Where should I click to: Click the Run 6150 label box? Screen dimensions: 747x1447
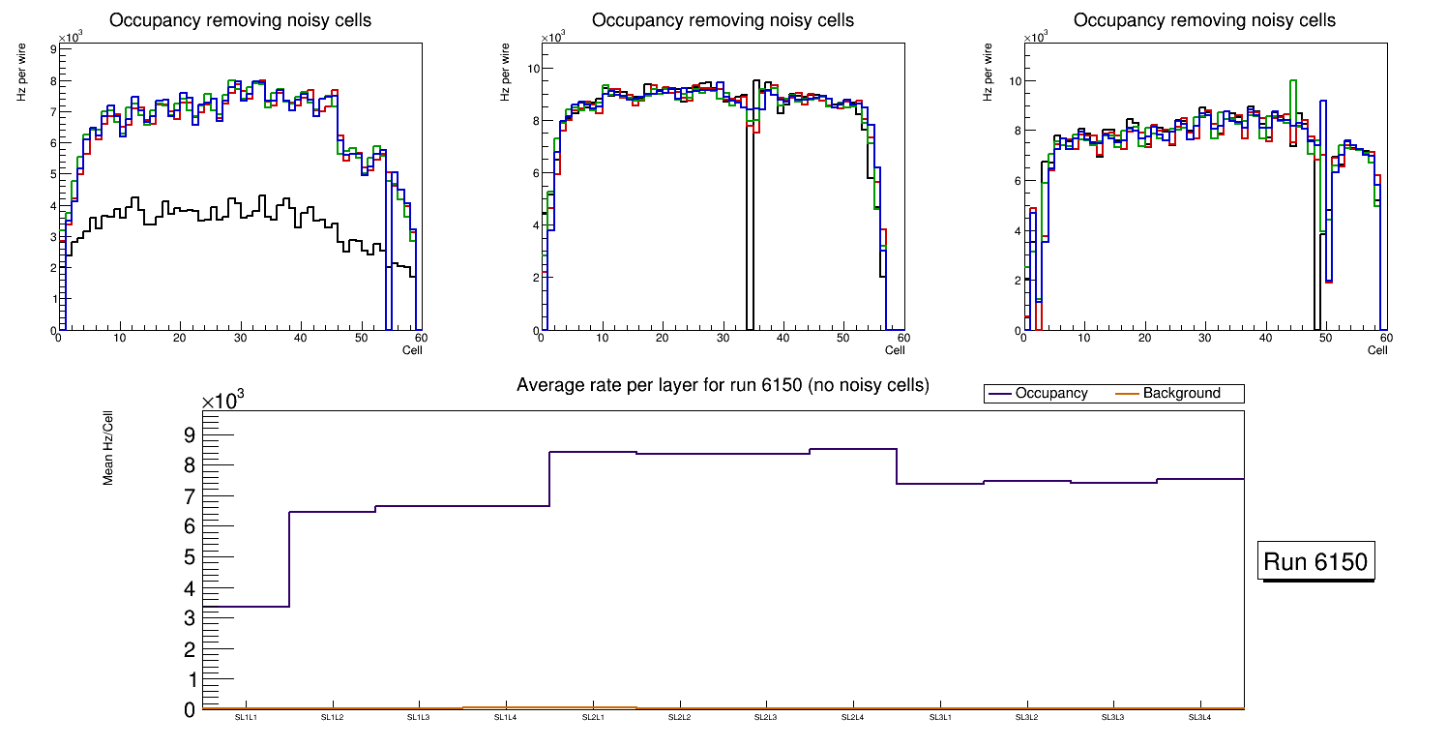coord(1317,562)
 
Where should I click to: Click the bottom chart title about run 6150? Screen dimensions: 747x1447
coord(723,385)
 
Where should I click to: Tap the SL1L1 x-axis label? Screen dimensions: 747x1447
coord(246,717)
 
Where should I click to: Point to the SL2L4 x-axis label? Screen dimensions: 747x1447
coord(852,717)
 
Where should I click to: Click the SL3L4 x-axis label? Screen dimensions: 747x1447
coord(1199,717)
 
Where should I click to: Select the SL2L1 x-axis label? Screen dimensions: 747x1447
coord(593,717)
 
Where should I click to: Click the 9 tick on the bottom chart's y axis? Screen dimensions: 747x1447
coord(190,434)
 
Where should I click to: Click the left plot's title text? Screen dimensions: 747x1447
coord(240,20)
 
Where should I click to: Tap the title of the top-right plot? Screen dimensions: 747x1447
coord(1204,20)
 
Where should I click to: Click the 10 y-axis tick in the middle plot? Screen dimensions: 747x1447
coord(532,69)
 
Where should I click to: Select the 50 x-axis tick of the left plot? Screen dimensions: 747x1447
coord(361,338)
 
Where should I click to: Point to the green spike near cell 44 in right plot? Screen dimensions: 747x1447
coord(1293,81)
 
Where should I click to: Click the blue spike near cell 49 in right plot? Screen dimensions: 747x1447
coord(1322,102)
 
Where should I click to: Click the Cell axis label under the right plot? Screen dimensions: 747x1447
coord(1377,349)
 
